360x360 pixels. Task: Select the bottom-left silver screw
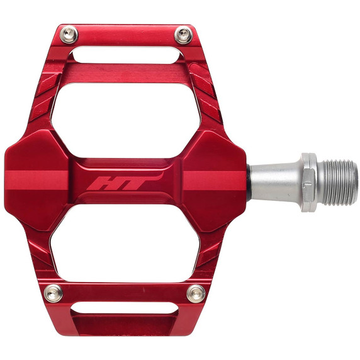[55, 291]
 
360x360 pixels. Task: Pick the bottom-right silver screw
[196, 292]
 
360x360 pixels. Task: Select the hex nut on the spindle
[308, 181]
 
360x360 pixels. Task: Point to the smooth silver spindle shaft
[274, 181]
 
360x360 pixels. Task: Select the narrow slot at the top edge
[126, 55]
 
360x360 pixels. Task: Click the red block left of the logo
[38, 180]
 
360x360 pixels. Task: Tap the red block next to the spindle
[217, 179]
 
